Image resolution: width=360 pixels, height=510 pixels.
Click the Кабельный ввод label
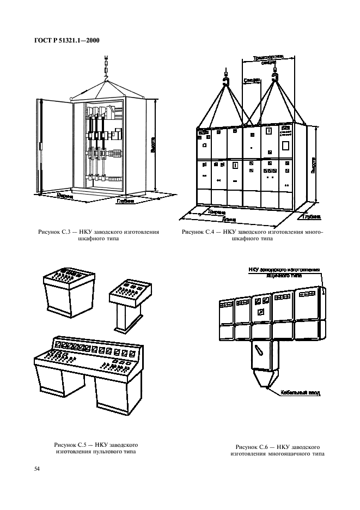[x=300, y=392]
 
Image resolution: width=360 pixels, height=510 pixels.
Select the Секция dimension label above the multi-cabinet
[x=251, y=80]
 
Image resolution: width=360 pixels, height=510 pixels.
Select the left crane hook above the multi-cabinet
[x=224, y=82]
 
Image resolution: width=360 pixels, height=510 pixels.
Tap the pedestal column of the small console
[x=125, y=316]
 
